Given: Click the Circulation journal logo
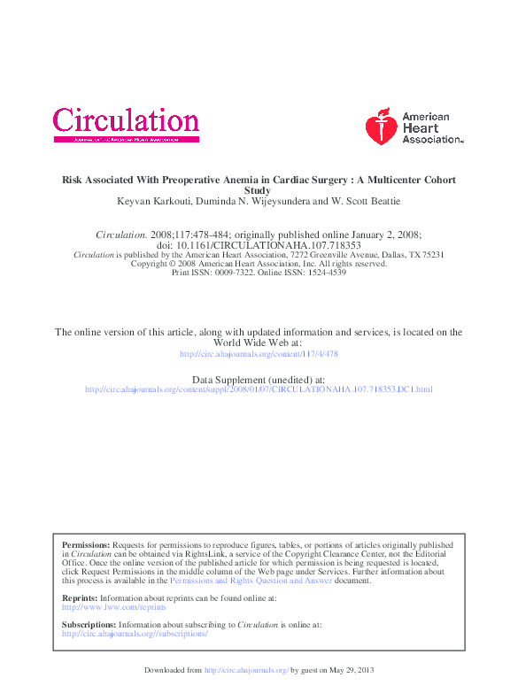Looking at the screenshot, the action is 126,124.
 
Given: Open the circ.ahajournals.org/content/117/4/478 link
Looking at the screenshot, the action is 259,353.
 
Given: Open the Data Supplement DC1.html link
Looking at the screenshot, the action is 259,389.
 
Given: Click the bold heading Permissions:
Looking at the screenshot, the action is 86,545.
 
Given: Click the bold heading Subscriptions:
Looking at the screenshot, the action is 89,625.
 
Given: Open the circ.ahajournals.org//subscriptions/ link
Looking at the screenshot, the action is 135,634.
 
